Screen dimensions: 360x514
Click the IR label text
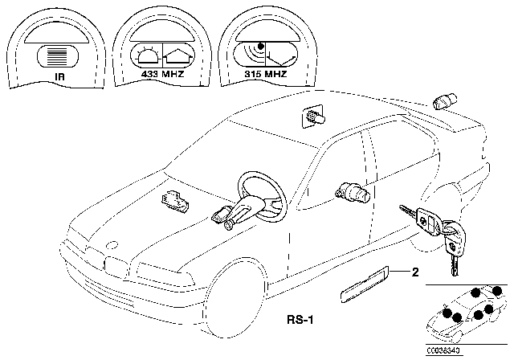click(x=59, y=77)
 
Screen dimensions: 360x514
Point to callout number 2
click(x=415, y=272)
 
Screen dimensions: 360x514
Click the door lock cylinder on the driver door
click(x=353, y=192)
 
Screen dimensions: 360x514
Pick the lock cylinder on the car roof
click(x=312, y=117)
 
